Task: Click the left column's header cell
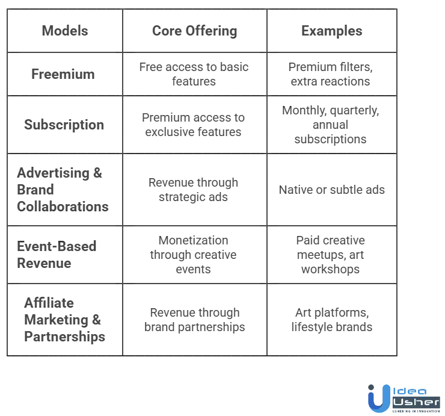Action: (x=64, y=30)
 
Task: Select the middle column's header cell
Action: (x=195, y=30)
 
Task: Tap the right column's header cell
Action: (x=332, y=30)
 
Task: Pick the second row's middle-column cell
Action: (x=195, y=74)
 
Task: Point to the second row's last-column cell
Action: (x=332, y=74)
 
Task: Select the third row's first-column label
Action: (x=64, y=125)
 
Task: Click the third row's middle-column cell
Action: (x=195, y=125)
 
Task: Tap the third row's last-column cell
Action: (x=332, y=125)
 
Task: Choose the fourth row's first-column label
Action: (x=63, y=189)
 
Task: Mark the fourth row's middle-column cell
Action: (x=195, y=189)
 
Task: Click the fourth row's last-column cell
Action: (x=332, y=190)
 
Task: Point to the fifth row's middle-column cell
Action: (x=195, y=255)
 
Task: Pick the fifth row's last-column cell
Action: (x=332, y=255)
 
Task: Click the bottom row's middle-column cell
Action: (x=195, y=319)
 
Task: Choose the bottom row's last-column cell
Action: (x=332, y=319)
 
